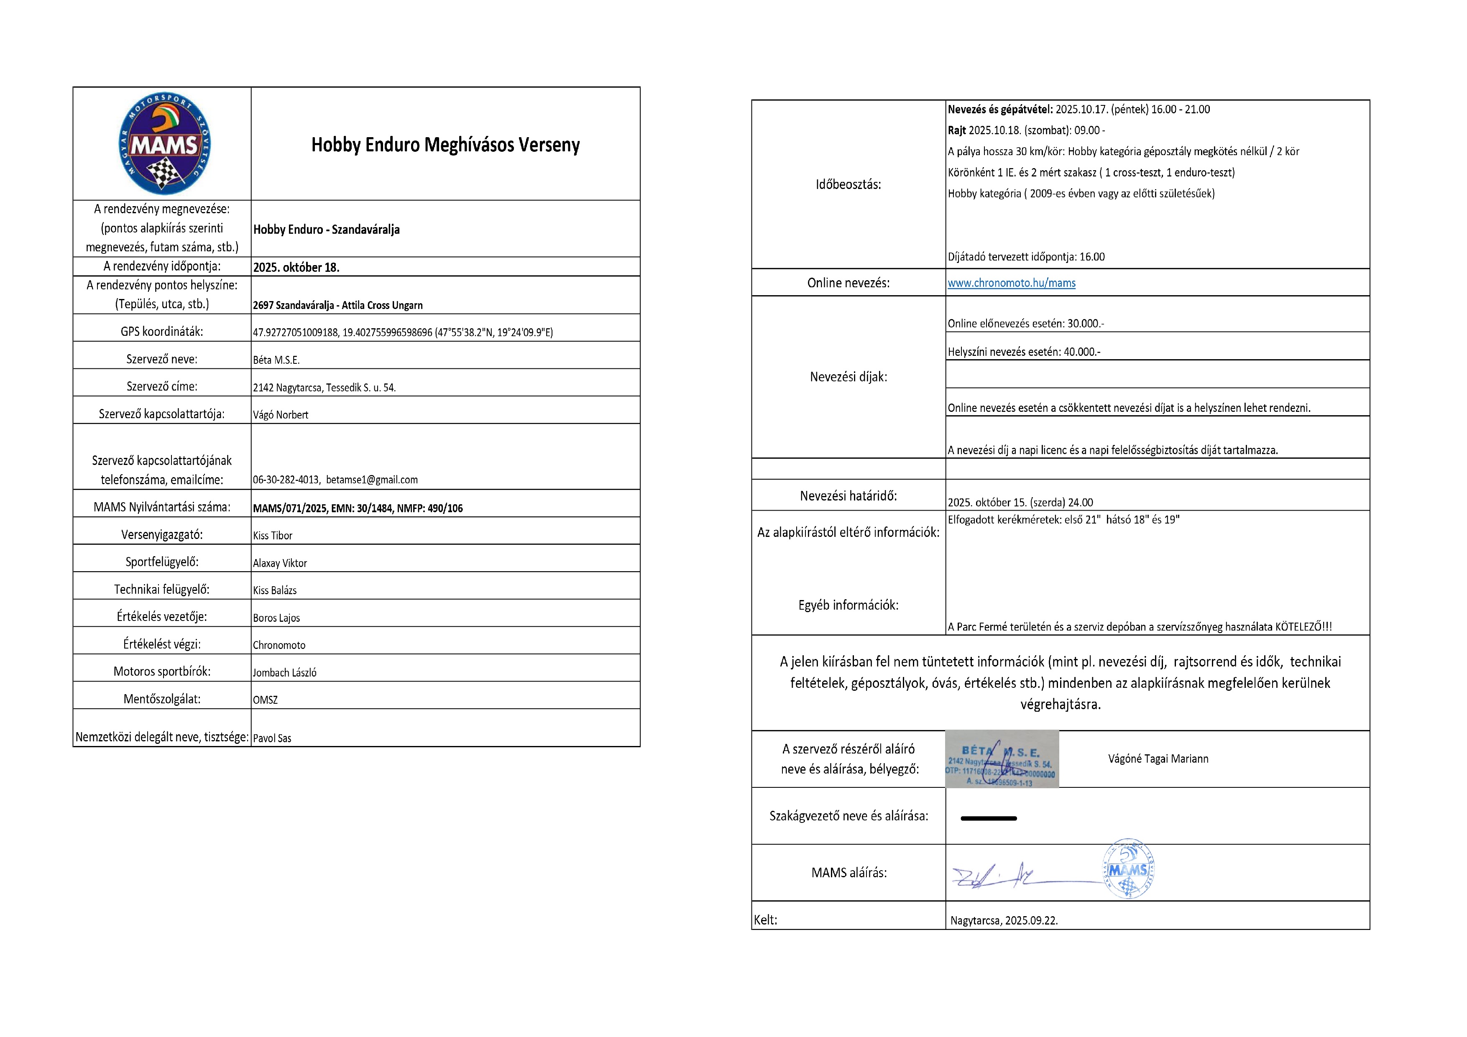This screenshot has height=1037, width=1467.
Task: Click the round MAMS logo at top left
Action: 165,144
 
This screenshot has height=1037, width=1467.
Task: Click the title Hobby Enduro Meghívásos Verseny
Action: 445,145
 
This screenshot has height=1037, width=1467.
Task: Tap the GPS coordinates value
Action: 403,332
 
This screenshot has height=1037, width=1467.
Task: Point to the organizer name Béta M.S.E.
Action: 276,360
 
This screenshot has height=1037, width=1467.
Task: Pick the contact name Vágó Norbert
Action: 281,415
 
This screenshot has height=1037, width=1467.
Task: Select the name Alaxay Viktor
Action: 280,563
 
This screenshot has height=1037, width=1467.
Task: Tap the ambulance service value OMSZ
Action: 265,700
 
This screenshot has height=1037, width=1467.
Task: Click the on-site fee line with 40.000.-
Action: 1024,351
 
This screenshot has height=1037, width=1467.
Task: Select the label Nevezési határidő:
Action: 848,496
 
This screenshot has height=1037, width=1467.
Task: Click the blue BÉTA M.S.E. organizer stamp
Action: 1001,759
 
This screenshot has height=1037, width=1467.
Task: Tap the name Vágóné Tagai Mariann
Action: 1158,759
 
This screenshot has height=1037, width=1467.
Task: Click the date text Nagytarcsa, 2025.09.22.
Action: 1003,921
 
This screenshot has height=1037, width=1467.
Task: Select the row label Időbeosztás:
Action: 848,185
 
